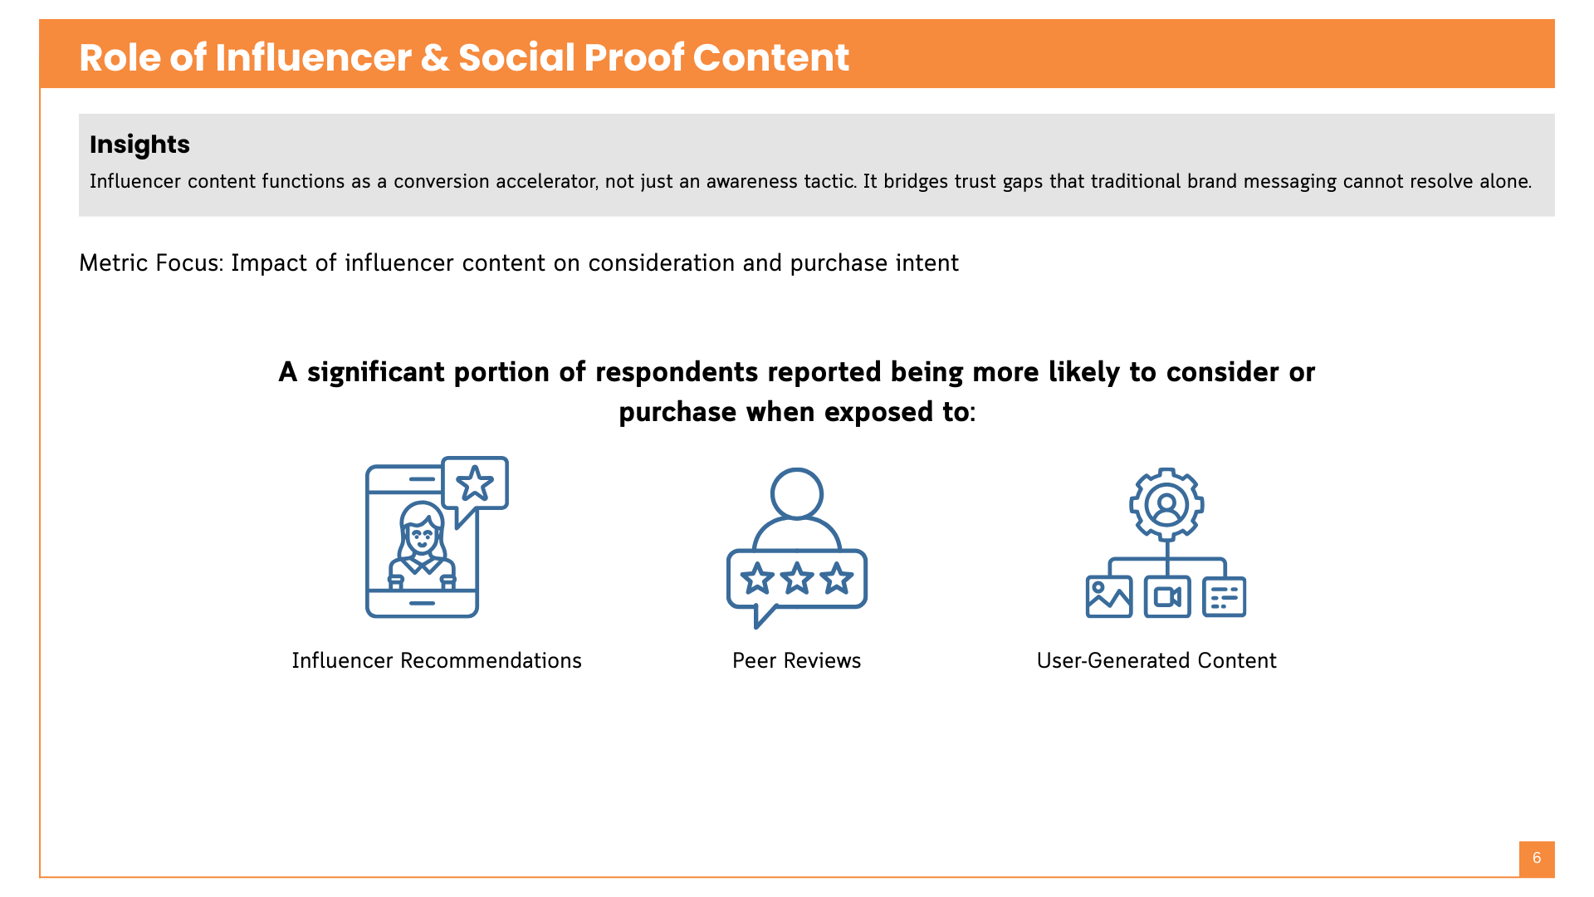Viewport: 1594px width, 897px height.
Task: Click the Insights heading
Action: pyautogui.click(x=139, y=145)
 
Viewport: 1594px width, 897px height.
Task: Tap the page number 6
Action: pyautogui.click(x=1537, y=858)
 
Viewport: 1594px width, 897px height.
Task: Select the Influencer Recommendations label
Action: pyautogui.click(x=437, y=660)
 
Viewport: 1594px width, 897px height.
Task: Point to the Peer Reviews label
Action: pyautogui.click(x=796, y=660)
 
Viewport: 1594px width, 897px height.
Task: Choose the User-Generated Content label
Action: pyautogui.click(x=1156, y=660)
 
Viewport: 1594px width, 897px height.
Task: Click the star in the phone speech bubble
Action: pyautogui.click(x=475, y=483)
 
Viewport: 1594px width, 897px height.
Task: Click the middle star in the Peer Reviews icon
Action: pyautogui.click(x=797, y=578)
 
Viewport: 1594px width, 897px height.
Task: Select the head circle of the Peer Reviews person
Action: pyautogui.click(x=796, y=493)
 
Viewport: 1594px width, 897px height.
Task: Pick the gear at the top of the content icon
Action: pyautogui.click(x=1166, y=504)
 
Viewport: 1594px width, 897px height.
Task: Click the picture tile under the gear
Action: pyautogui.click(x=1109, y=596)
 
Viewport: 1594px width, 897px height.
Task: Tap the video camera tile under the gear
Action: pyautogui.click(x=1167, y=596)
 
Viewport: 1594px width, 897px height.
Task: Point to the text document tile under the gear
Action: pyautogui.click(x=1225, y=596)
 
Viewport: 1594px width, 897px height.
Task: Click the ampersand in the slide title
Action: pyautogui.click(x=433, y=58)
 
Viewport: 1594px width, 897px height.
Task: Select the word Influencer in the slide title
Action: pyautogui.click(x=313, y=58)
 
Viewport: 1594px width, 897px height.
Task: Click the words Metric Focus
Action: pyautogui.click(x=150, y=263)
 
